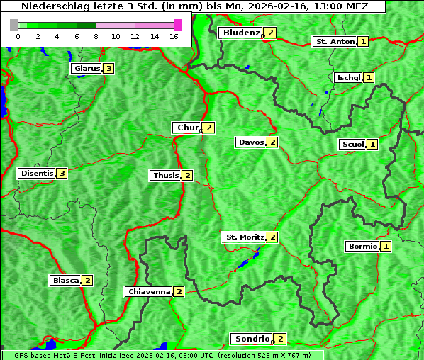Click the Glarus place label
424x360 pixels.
[x=86, y=69]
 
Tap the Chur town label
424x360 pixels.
[x=187, y=128]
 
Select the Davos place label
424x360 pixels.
[x=250, y=142]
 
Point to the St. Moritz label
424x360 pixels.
[x=244, y=237]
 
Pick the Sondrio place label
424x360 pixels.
[x=252, y=339]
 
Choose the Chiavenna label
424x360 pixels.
[x=148, y=291]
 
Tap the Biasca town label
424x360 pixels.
[x=65, y=280]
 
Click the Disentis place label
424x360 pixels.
[x=37, y=173]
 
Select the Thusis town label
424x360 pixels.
[x=165, y=175]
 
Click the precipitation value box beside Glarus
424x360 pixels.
[x=108, y=69]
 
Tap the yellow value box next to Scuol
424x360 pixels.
[x=372, y=145]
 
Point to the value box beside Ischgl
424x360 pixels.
[x=369, y=77]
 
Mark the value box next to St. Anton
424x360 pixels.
[x=363, y=42]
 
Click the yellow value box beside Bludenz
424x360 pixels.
[x=271, y=33]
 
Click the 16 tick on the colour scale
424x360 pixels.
[x=174, y=37]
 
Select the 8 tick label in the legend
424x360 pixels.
[x=96, y=37]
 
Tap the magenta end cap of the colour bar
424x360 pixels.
[x=177, y=25]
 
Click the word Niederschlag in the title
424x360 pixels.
[x=49, y=6]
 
